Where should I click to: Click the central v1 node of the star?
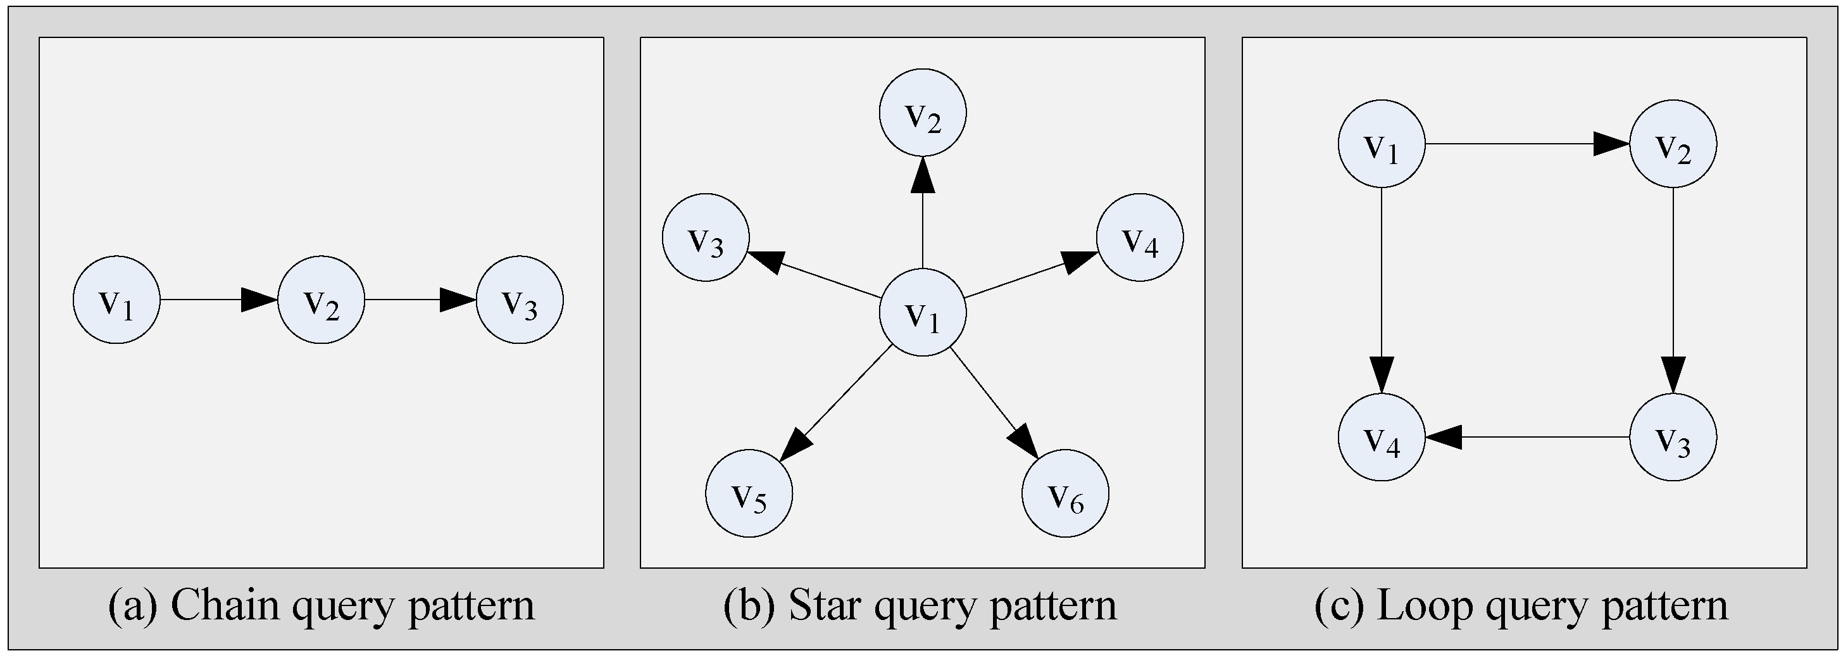pos(923,312)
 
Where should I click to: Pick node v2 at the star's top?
pos(923,112)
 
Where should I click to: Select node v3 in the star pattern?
pos(705,237)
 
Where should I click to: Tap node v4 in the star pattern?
pos(1139,237)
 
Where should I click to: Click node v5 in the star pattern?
pos(749,494)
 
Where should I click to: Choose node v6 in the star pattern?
pos(1064,494)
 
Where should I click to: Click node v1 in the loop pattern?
pos(1381,144)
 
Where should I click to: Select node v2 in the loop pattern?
pos(1673,144)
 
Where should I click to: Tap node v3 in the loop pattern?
pos(1673,437)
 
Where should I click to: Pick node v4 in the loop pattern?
pos(1381,437)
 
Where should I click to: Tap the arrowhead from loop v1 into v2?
pos(1611,144)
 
